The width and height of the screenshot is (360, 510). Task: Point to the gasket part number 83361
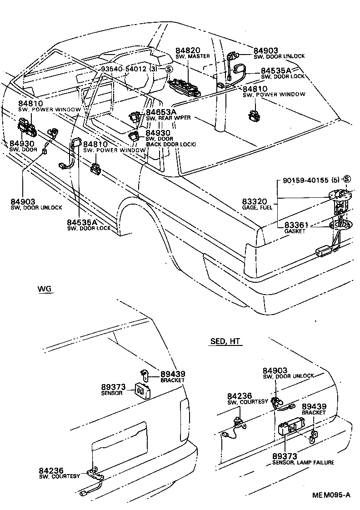[296, 225]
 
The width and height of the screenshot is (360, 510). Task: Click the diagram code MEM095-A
[330, 495]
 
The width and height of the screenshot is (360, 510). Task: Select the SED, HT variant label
[226, 341]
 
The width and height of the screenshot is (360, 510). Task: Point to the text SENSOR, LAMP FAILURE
[303, 462]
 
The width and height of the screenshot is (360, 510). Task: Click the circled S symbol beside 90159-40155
[347, 180]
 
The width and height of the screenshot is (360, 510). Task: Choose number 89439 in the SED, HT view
[314, 406]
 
